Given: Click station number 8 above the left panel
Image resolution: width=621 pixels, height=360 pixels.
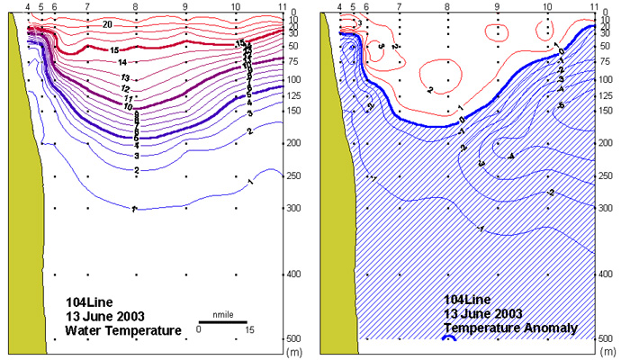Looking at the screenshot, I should (135, 6).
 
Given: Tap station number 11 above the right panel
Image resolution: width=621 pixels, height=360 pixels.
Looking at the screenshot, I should (594, 6).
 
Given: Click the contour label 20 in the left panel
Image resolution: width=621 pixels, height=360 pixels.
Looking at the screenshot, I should (108, 22).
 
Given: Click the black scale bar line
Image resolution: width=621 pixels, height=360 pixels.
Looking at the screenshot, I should (223, 321).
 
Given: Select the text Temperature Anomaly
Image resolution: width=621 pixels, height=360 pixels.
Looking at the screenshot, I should (510, 328).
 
